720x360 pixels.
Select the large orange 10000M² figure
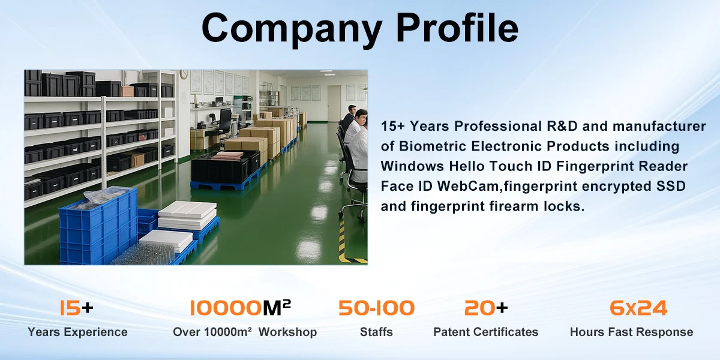pos(241,308)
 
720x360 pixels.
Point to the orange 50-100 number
pos(376,308)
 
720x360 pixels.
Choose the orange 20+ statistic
pos(486,308)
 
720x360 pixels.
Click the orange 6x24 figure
pos(638,308)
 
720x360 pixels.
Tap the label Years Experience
pos(78,332)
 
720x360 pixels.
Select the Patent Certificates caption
pos(485,332)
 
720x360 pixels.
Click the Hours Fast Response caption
pos(632,332)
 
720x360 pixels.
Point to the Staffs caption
pos(376,332)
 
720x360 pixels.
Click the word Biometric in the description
pos(433,146)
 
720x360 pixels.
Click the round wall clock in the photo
pos(184,74)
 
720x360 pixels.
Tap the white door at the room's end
pos(334,103)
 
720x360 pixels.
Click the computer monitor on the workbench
pos(226,119)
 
